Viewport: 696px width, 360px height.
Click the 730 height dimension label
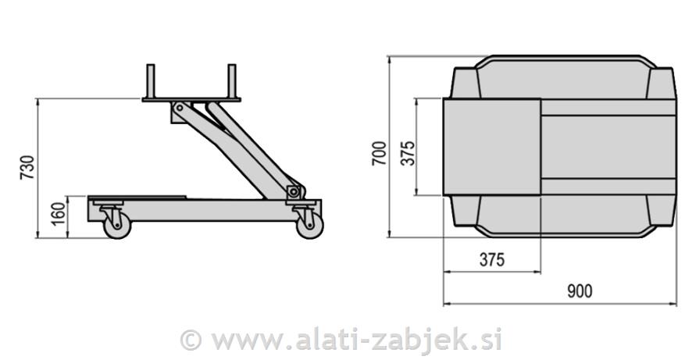pos(27,168)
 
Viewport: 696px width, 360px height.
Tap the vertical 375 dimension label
pos(407,148)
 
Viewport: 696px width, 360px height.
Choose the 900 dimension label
pos(579,291)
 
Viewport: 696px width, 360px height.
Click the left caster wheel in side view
pos(117,226)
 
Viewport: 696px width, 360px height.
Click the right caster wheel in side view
pos(309,226)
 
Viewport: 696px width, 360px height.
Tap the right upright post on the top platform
pos(231,80)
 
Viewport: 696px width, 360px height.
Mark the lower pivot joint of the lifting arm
pos(293,191)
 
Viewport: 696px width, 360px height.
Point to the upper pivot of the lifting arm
pos(180,107)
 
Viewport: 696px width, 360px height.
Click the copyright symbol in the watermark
pos(191,340)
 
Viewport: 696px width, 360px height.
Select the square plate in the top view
pos(491,147)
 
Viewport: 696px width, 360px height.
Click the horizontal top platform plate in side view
pos(191,99)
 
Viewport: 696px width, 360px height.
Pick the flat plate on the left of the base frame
pos(137,198)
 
